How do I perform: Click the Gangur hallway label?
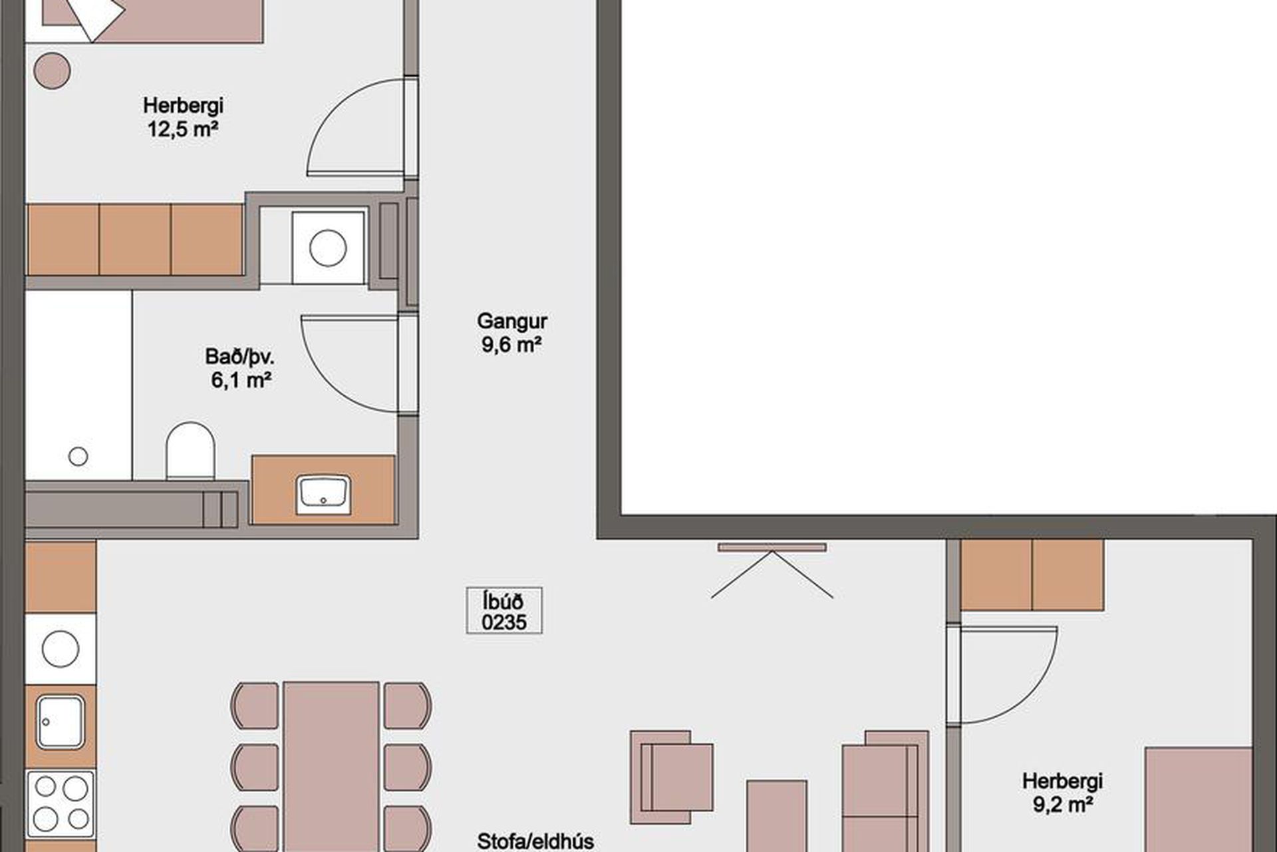[x=511, y=322]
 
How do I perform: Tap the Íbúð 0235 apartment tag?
[x=504, y=610]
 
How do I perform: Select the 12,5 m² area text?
[x=183, y=128]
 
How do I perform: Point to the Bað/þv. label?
[x=240, y=357]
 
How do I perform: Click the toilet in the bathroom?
[x=190, y=450]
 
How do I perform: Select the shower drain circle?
[x=78, y=456]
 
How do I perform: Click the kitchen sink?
[x=61, y=722]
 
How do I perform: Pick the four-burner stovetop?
[x=61, y=805]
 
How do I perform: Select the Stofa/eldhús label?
[x=535, y=841]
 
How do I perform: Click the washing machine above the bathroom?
[x=329, y=248]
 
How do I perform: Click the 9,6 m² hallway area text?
[x=511, y=345]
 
